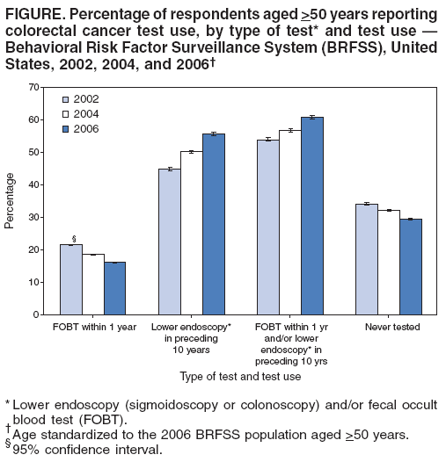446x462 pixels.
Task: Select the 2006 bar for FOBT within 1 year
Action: pyautogui.click(x=114, y=288)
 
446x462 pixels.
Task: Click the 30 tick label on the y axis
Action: pyautogui.click(x=34, y=217)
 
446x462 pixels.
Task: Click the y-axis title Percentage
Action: pyautogui.click(x=10, y=201)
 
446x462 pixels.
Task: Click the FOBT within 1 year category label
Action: pyautogui.click(x=93, y=328)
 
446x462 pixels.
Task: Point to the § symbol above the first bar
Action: pyautogui.click(x=73, y=238)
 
